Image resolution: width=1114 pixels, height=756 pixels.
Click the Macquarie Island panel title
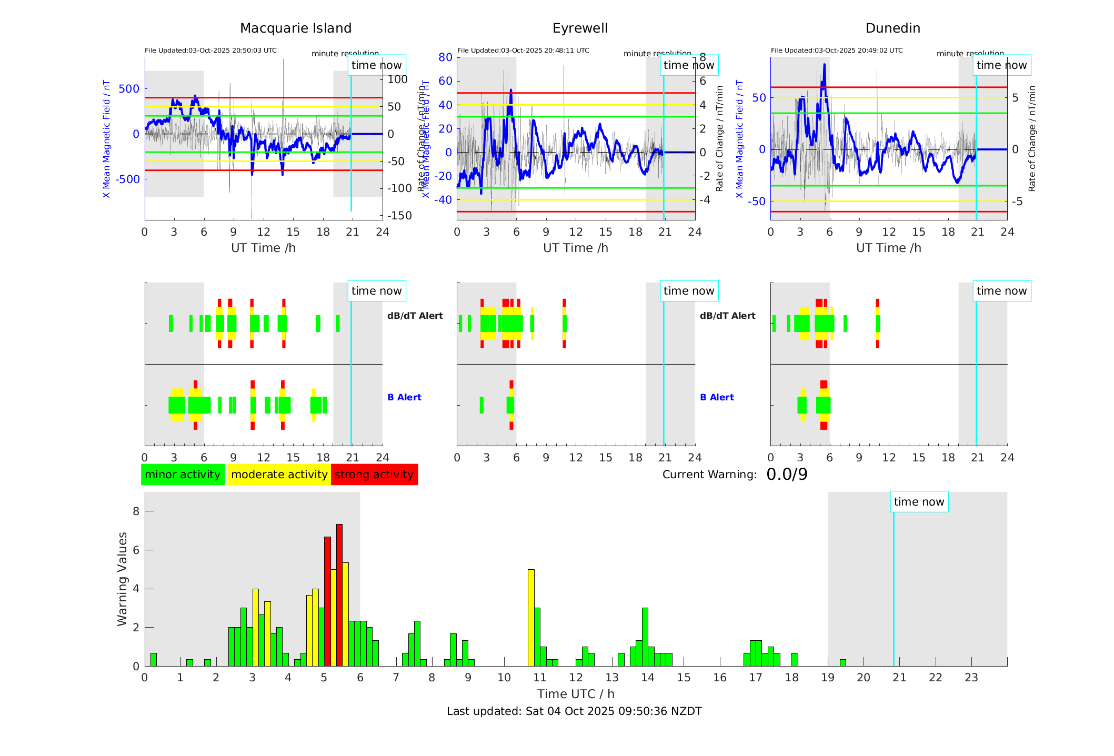pyautogui.click(x=296, y=28)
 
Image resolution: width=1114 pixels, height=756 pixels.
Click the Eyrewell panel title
pyautogui.click(x=580, y=28)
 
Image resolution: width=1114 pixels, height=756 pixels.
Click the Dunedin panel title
pyautogui.click(x=892, y=28)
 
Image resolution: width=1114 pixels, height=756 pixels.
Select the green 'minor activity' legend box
pyautogui.click(x=183, y=475)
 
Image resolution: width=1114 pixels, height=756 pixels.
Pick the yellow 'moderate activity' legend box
pyautogui.click(x=279, y=475)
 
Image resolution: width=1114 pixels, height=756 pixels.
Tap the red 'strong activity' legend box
pyautogui.click(x=374, y=475)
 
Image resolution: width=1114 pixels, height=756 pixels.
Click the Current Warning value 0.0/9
pyautogui.click(x=787, y=475)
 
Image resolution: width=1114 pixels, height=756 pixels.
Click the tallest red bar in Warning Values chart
pyautogui.click(x=339, y=594)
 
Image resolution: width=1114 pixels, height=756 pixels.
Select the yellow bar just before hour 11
pyautogui.click(x=531, y=618)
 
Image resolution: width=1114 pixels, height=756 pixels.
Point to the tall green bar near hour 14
pyautogui.click(x=645, y=637)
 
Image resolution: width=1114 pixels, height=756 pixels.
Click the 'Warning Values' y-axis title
pyautogui.click(x=123, y=579)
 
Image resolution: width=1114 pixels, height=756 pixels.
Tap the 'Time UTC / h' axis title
pyautogui.click(x=576, y=694)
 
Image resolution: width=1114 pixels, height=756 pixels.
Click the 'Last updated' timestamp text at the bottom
pyautogui.click(x=574, y=711)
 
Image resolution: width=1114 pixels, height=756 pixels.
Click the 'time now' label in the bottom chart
pyautogui.click(x=919, y=502)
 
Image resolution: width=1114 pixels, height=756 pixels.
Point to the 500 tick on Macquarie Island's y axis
pyautogui.click(x=129, y=89)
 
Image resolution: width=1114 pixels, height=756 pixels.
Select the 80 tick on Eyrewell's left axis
pyautogui.click(x=445, y=57)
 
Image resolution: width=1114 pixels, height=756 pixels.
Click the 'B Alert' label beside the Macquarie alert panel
pyautogui.click(x=404, y=397)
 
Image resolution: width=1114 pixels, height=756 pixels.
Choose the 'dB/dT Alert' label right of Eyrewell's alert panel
pyautogui.click(x=727, y=316)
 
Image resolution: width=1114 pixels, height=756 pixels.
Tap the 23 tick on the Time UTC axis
pyautogui.click(x=971, y=678)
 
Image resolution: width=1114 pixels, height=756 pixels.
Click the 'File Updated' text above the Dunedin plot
pyautogui.click(x=837, y=51)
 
